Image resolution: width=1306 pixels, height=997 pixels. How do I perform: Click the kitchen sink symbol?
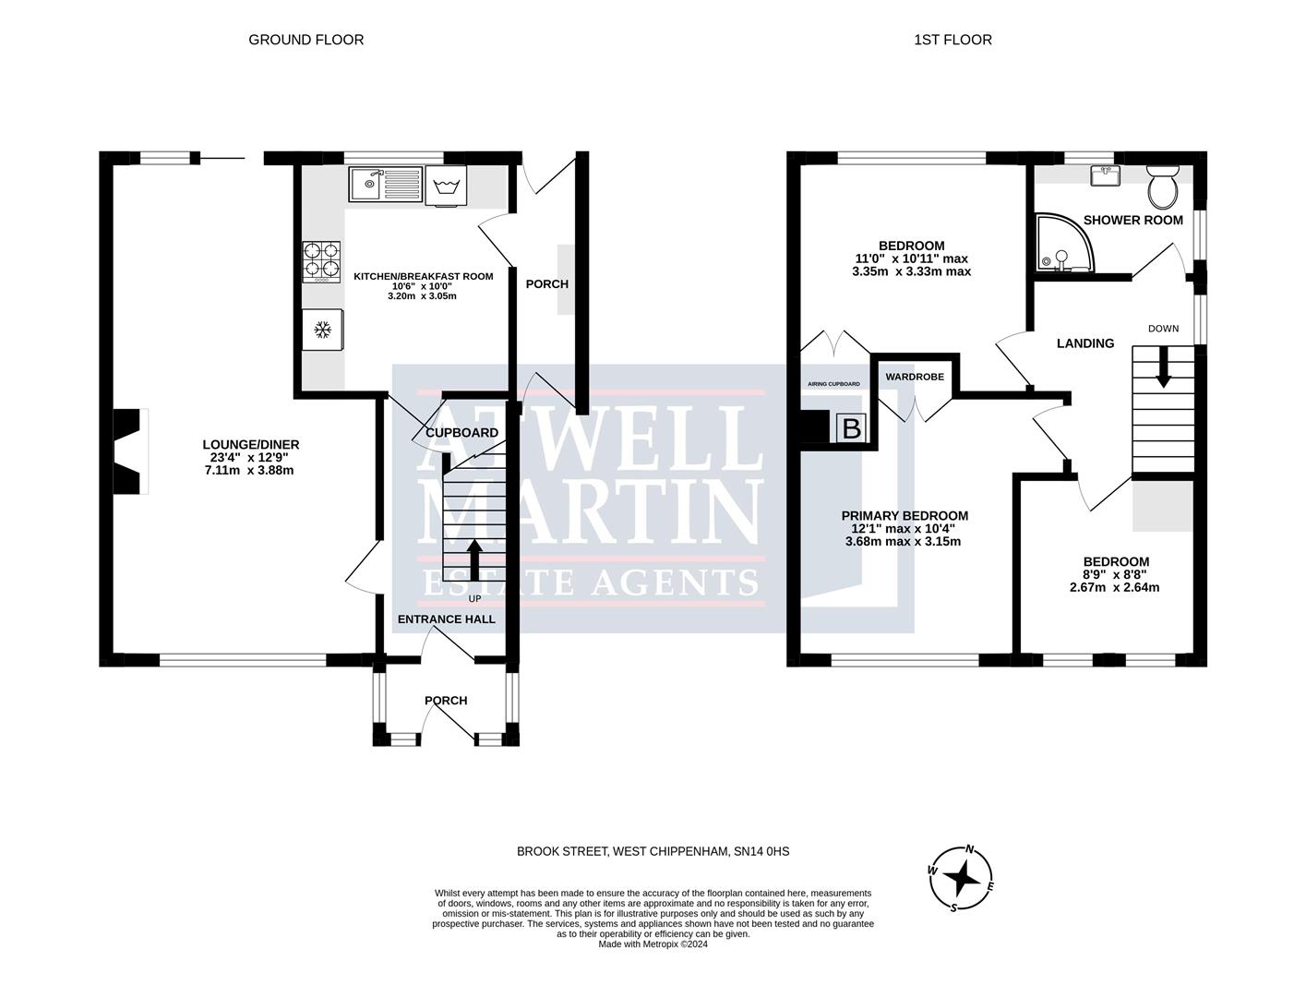[x=386, y=185]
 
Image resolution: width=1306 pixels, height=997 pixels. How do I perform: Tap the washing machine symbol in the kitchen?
[x=446, y=186]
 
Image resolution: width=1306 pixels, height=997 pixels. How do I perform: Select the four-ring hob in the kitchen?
[x=321, y=262]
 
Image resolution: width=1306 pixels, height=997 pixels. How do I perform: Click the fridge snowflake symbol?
[x=322, y=330]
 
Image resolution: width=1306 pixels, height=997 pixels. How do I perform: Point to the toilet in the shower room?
[x=1162, y=185]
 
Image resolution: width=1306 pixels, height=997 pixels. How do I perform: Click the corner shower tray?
[x=1064, y=244]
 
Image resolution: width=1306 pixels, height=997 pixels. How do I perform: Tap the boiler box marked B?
[x=851, y=428]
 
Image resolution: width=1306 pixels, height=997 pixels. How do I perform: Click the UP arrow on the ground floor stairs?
[x=473, y=559]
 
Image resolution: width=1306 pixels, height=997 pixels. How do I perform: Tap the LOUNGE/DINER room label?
[x=250, y=444]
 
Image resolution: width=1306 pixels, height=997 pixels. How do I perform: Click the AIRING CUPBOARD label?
[x=833, y=384]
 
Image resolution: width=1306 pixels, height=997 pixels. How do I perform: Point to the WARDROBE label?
[x=915, y=377]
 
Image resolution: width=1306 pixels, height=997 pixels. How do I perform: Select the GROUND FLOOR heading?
[x=306, y=40]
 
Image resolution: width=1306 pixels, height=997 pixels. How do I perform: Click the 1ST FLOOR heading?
[x=953, y=40]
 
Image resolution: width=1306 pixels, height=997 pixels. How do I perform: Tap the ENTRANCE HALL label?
[x=446, y=619]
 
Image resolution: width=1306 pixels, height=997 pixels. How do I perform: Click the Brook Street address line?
[x=653, y=851]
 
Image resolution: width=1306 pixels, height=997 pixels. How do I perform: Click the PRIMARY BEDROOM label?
[x=905, y=516]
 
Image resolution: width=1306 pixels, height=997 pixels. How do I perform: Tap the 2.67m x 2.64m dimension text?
[x=1114, y=588]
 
